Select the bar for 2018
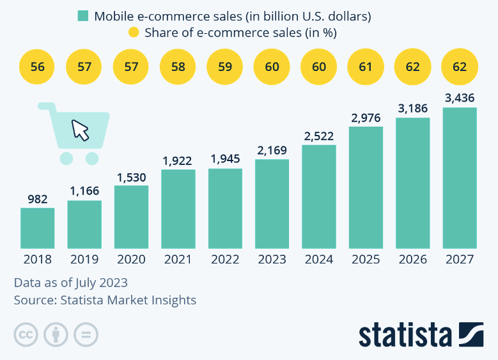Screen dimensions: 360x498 click(37, 228)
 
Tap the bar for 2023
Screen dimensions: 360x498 click(272, 203)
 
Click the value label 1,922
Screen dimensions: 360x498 click(178, 160)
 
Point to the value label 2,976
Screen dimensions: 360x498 click(366, 118)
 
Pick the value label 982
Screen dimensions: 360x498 click(37, 199)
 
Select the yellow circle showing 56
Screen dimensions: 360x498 click(37, 67)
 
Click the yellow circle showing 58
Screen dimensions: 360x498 click(178, 67)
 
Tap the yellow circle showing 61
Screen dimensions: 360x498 click(366, 67)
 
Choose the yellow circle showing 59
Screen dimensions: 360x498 click(225, 67)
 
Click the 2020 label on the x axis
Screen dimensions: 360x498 click(131, 260)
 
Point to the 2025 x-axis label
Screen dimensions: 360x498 click(366, 260)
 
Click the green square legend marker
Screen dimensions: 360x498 click(82, 16)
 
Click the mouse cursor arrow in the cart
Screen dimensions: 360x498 click(81, 130)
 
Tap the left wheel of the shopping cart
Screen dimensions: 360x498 click(66, 158)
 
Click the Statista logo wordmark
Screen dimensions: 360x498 click(405, 334)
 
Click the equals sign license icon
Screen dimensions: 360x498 click(86, 334)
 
